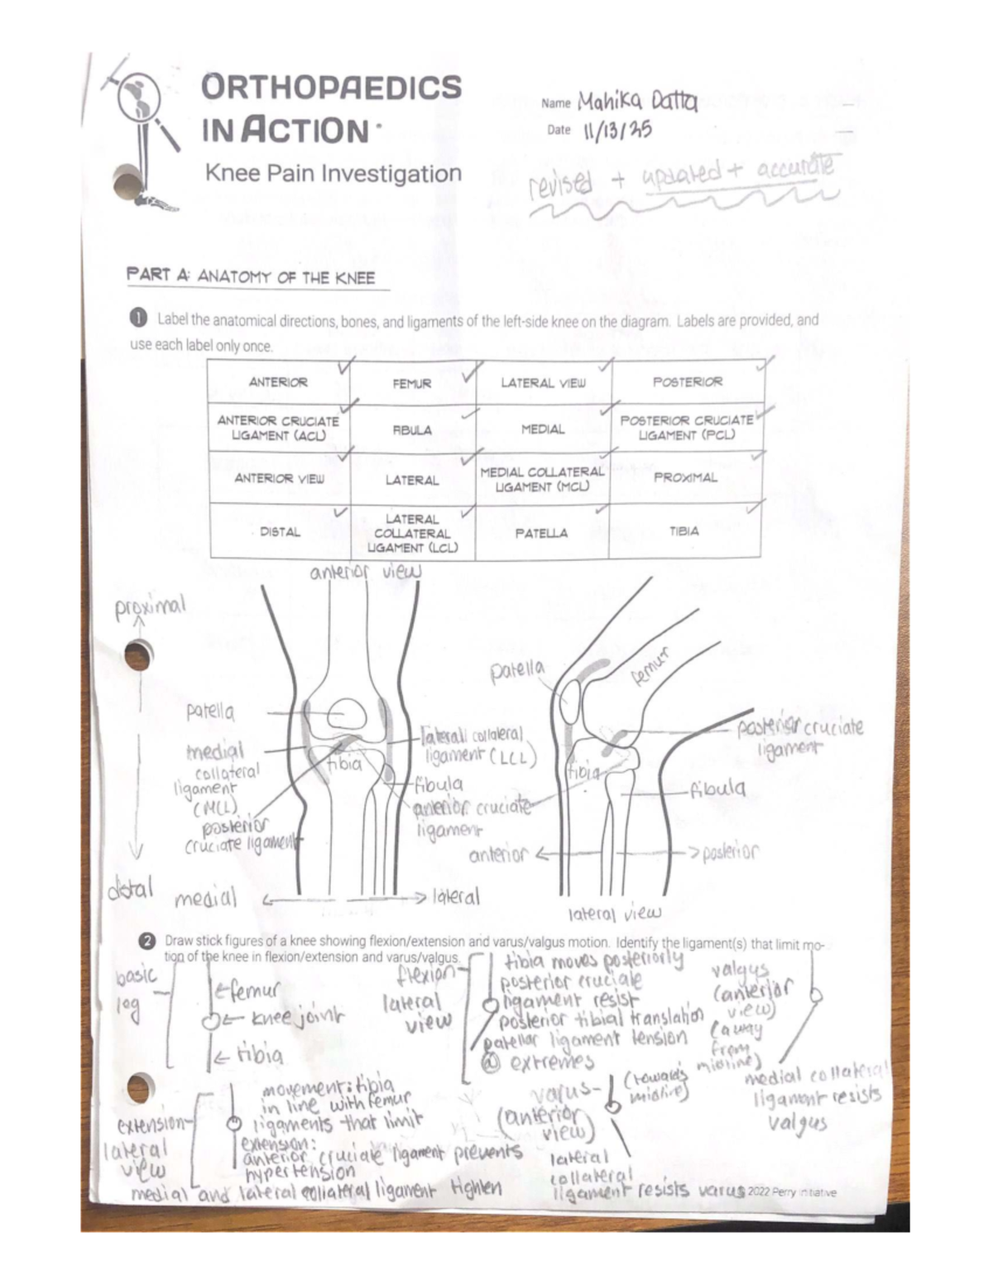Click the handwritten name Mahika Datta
coord(636,102)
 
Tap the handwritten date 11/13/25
coord(616,130)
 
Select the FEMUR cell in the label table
coord(411,383)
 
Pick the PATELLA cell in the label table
coord(541,533)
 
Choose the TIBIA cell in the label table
coord(684,531)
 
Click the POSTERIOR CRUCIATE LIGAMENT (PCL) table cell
coord(686,427)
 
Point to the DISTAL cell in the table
coord(280,532)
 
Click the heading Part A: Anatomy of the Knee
coord(251,276)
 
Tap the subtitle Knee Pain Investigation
coord(333,174)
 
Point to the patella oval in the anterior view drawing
coord(347,713)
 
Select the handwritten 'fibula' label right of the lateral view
coord(717,789)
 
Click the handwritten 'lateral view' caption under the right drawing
coord(614,913)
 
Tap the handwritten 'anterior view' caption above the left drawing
coord(365,573)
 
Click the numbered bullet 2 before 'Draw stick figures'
coord(146,941)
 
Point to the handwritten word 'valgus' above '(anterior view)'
coord(739,969)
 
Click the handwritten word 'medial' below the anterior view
coord(205,898)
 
